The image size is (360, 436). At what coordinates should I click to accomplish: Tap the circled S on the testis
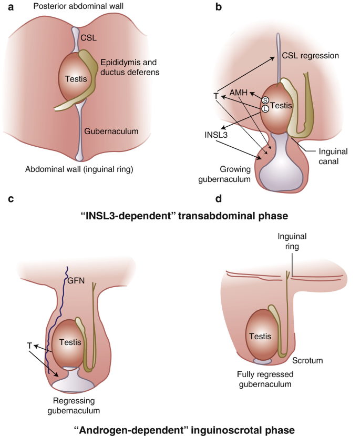265,100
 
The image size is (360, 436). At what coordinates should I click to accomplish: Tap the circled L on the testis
265,109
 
